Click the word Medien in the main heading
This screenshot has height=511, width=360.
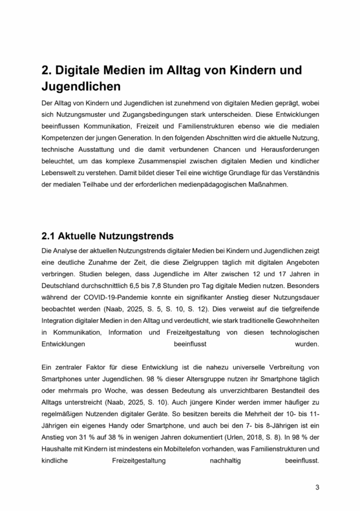127,70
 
